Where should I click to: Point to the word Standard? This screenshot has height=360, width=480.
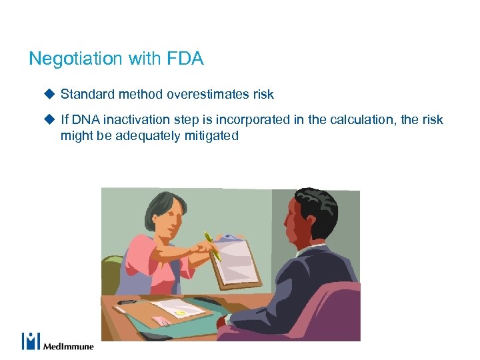[x=87, y=95]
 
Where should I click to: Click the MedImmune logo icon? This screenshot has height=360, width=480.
[x=31, y=341]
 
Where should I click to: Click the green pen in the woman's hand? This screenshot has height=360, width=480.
[x=213, y=245]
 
